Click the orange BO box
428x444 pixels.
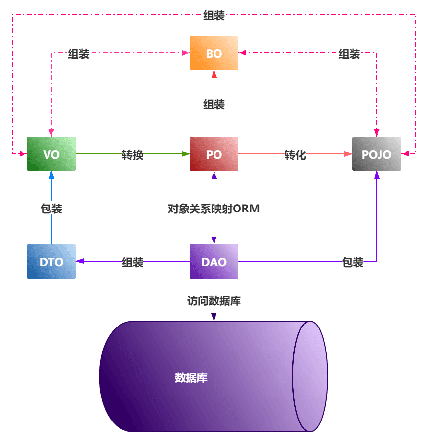tap(214, 53)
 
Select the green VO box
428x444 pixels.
tap(51, 154)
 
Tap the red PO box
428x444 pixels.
tap(214, 154)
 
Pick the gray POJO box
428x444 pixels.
tap(377, 154)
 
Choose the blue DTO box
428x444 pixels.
tap(51, 261)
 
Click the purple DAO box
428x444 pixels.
tap(214, 261)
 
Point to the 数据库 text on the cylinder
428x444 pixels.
tap(191, 377)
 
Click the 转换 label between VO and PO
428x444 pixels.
tap(133, 155)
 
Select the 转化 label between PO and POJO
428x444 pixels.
tap(295, 155)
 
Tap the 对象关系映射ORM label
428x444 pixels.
tap(214, 209)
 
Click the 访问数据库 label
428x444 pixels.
tap(214, 301)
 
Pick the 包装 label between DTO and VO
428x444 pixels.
tap(51, 209)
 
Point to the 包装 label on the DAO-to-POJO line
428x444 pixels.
tap(353, 262)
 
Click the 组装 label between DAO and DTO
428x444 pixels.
tap(133, 262)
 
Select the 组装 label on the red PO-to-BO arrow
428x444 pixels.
tap(214, 104)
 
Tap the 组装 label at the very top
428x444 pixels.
tap(214, 15)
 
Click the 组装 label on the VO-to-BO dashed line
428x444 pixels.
tap(78, 54)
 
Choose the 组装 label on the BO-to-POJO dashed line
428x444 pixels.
tap(349, 54)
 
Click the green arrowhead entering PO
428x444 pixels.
tap(186, 154)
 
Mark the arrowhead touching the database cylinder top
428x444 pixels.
tap(214, 317)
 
